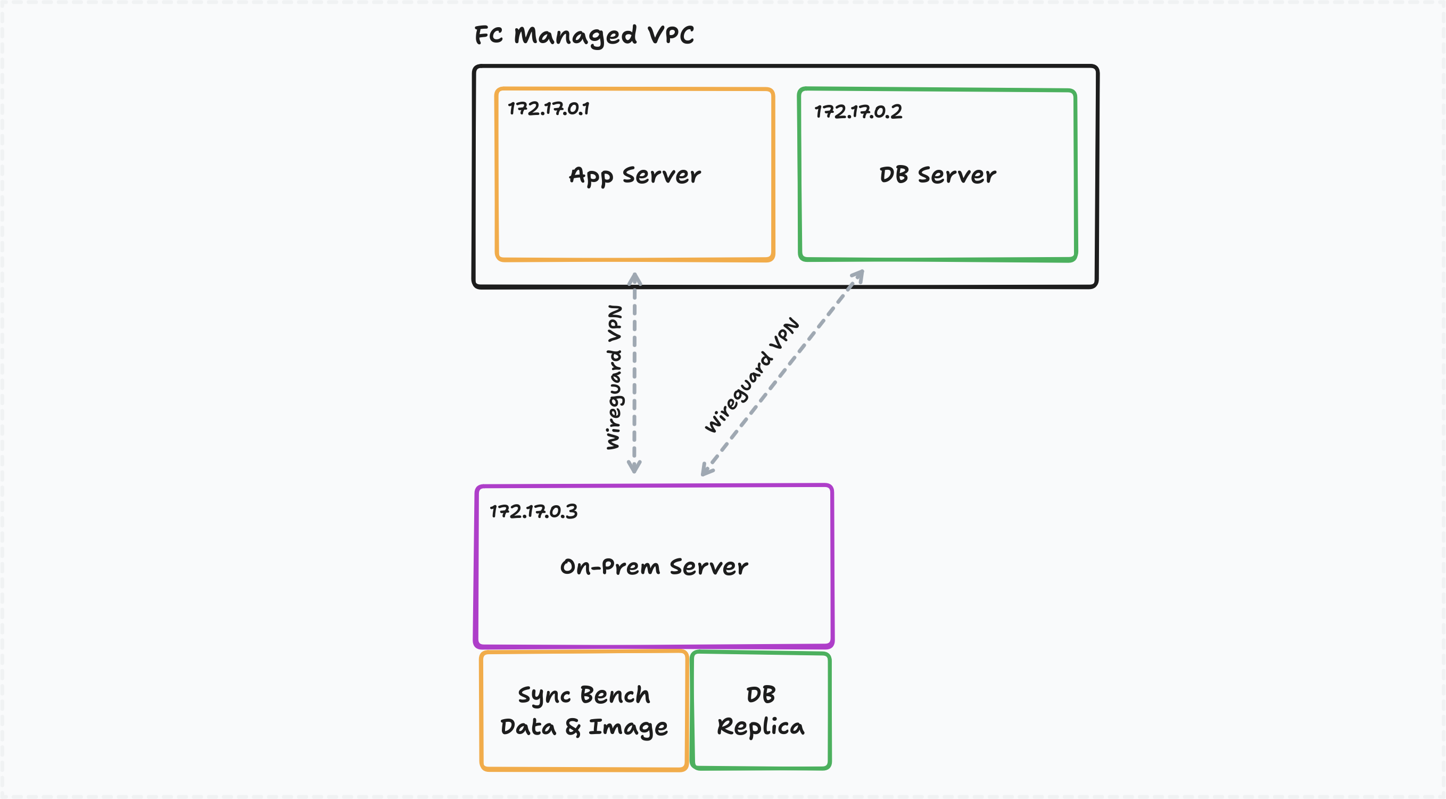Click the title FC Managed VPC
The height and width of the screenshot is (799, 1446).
pyautogui.click(x=584, y=35)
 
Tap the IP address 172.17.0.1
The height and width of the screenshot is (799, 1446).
pyautogui.click(x=548, y=109)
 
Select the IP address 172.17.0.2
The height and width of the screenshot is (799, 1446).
pyautogui.click(x=858, y=112)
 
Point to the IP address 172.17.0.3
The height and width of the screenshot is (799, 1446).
pyautogui.click(x=533, y=511)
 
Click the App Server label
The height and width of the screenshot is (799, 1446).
pyautogui.click(x=635, y=175)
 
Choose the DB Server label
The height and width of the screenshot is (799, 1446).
pyautogui.click(x=937, y=175)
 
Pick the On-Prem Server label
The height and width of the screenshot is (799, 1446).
pyautogui.click(x=654, y=566)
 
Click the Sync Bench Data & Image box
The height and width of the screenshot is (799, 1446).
pyautogui.click(x=584, y=711)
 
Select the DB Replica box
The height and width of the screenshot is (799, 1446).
pyautogui.click(x=761, y=711)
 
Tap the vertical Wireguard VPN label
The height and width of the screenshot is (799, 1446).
pyautogui.click(x=615, y=377)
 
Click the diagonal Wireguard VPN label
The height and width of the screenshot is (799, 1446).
pyautogui.click(x=752, y=375)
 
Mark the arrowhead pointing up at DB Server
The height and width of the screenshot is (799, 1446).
pyautogui.click(x=858, y=275)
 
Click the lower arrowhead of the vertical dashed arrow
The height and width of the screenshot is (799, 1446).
pyautogui.click(x=634, y=467)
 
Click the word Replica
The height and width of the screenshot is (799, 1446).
pyautogui.click(x=761, y=727)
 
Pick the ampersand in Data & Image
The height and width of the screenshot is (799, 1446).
pyautogui.click(x=573, y=728)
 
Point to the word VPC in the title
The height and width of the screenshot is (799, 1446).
pyautogui.click(x=671, y=35)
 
